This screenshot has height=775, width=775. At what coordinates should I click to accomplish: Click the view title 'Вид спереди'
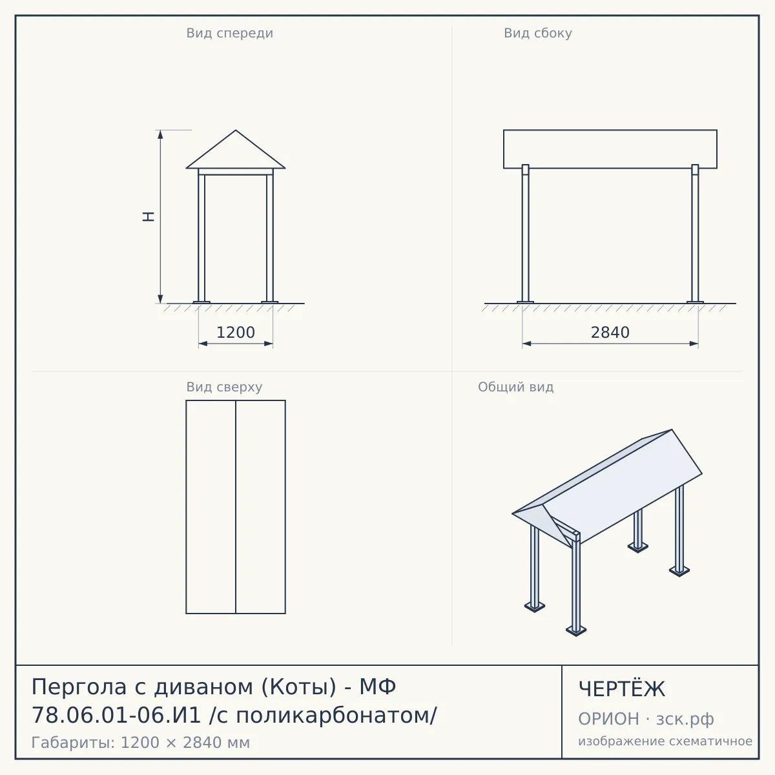point(230,34)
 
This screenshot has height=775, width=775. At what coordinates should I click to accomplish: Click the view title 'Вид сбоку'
point(538,34)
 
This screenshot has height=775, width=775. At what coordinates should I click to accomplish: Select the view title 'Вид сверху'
point(224,387)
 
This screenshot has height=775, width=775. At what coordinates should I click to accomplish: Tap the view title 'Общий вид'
point(515,387)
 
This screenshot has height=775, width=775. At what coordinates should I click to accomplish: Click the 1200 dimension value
point(236,333)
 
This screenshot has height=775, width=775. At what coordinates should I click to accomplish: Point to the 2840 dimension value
point(610,333)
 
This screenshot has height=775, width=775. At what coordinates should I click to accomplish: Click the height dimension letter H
point(149,216)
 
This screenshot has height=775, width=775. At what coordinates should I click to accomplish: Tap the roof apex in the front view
point(236,130)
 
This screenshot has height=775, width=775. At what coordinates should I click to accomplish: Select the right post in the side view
point(695,233)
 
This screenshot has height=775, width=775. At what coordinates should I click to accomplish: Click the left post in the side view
point(525,233)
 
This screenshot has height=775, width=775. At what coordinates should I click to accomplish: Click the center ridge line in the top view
point(236,507)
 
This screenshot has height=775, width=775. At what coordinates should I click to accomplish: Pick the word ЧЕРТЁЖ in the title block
point(622,689)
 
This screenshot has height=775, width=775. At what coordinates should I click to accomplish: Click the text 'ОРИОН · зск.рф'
point(646,719)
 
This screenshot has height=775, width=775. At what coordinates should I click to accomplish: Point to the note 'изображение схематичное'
point(665,741)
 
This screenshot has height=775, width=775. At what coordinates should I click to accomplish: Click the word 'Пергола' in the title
point(79,687)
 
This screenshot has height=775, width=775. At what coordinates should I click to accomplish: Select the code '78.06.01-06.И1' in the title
point(116,716)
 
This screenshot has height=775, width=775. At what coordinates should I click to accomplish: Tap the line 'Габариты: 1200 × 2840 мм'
point(141,743)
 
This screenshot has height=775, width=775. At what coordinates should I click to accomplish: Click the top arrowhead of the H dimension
point(160,134)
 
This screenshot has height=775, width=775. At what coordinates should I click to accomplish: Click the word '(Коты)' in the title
point(299,687)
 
